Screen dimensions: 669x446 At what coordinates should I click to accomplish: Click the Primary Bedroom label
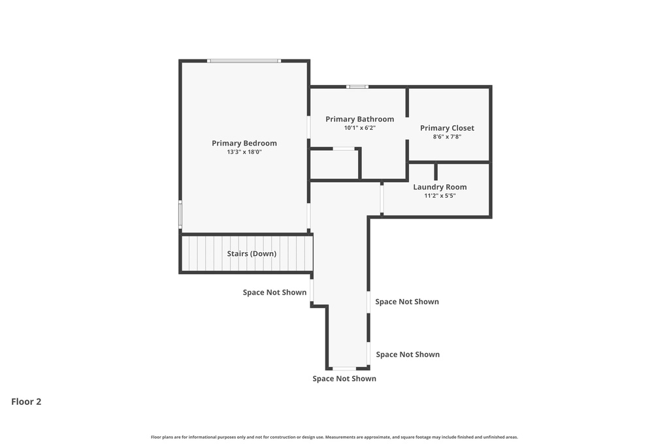click(x=244, y=143)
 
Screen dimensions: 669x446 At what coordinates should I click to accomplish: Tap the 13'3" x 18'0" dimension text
click(x=244, y=151)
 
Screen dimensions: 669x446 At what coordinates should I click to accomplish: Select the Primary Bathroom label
click(x=360, y=119)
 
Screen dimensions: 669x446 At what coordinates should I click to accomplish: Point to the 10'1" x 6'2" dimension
click(x=360, y=128)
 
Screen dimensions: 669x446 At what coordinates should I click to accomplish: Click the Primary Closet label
click(x=447, y=128)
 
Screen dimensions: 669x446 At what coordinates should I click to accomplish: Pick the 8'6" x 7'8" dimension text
click(x=447, y=137)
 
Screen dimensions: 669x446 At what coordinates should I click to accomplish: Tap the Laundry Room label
click(x=440, y=187)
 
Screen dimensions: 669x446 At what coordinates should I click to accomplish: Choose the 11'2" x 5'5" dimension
click(x=440, y=196)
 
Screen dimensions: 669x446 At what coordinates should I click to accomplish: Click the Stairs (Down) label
click(x=252, y=254)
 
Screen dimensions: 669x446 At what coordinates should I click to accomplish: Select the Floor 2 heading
click(x=26, y=402)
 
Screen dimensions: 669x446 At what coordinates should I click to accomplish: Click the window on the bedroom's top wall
click(x=244, y=61)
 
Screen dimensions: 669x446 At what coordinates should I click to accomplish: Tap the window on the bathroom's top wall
click(x=357, y=87)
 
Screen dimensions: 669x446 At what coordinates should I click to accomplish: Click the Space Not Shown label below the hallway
click(x=344, y=379)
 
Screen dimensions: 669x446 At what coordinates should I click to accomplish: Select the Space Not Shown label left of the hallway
click(x=275, y=293)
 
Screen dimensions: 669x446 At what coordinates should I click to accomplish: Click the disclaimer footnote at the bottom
click(x=334, y=437)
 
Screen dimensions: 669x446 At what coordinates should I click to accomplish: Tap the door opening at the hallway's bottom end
click(x=344, y=368)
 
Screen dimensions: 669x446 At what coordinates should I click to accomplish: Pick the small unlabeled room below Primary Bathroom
click(x=334, y=164)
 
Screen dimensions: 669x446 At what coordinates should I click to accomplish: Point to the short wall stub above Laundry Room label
click(x=436, y=172)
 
